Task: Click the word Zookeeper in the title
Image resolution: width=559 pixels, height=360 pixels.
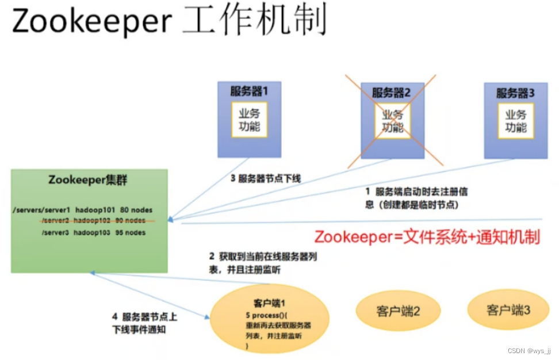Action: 91,22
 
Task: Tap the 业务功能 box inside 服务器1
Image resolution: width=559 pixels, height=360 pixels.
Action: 249,120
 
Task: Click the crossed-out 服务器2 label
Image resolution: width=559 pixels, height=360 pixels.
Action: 393,92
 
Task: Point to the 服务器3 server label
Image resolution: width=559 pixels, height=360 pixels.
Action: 516,92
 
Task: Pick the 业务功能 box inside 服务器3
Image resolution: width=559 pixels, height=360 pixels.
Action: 516,120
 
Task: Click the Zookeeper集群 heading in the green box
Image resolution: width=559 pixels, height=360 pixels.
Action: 89,180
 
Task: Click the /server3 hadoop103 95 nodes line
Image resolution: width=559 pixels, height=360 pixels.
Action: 93,232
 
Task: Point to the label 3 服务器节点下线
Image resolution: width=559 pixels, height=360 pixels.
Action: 266,179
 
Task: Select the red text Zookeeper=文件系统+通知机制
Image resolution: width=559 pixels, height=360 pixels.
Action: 427,237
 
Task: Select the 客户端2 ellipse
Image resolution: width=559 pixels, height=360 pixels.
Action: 398,311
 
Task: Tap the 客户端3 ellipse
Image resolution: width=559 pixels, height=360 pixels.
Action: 508,310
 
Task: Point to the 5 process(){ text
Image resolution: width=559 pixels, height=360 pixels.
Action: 262,316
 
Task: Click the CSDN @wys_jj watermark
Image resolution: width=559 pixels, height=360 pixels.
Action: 529,350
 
